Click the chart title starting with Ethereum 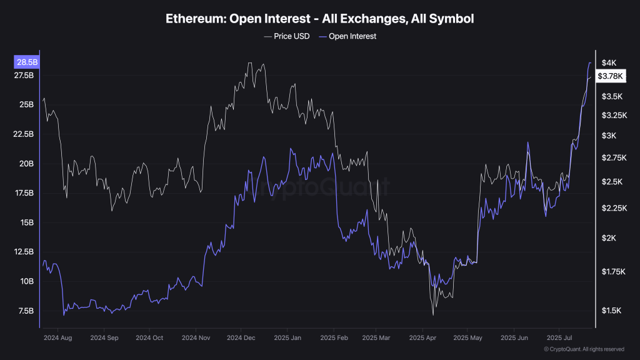[319, 19]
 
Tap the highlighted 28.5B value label [26, 62]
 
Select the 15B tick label [28, 222]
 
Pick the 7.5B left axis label [26, 311]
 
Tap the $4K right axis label [609, 62]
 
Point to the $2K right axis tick [609, 238]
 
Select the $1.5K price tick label [611, 311]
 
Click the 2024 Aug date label [58, 337]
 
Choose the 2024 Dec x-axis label [241, 337]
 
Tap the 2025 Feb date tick [333, 337]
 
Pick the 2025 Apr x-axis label [422, 337]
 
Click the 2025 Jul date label [560, 337]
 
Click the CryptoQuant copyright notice [584, 349]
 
